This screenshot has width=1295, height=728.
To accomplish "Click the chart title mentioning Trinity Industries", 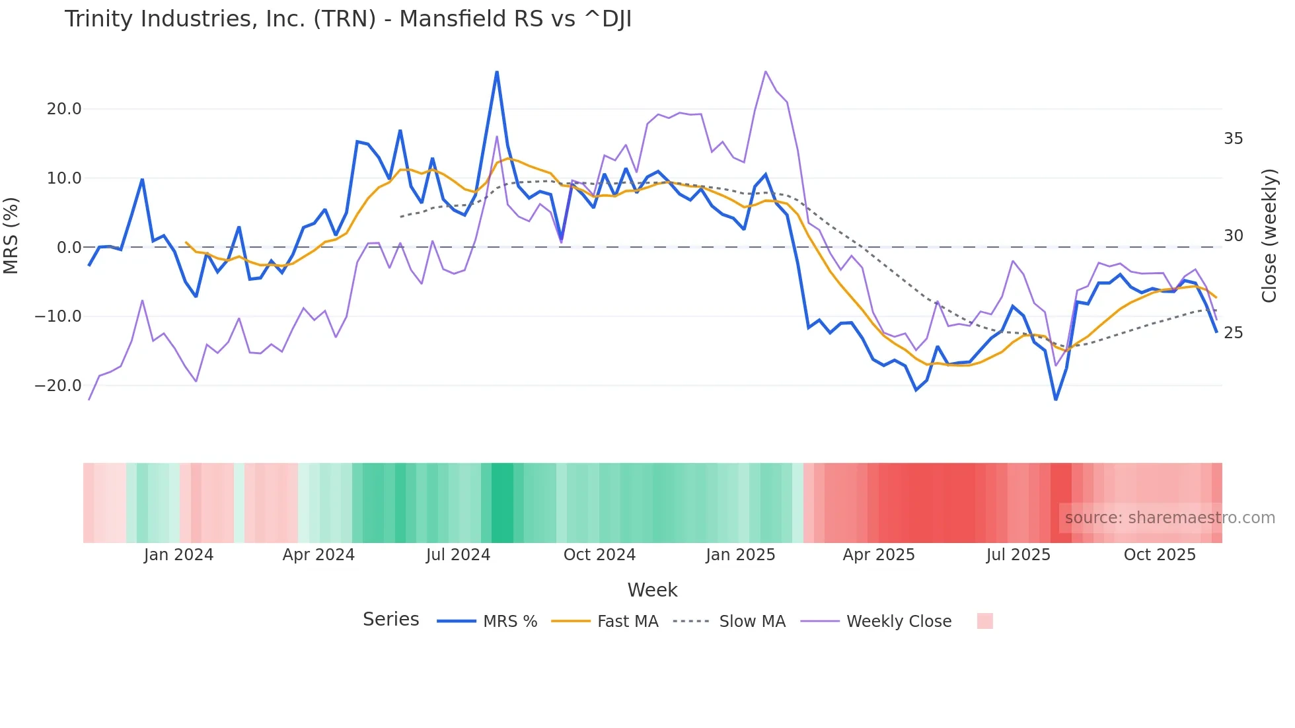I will tap(348, 19).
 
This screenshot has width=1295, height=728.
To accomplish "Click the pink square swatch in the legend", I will tap(984, 621).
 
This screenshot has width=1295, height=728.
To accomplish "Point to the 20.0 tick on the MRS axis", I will tap(64, 109).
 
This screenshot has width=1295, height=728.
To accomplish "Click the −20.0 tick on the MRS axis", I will tap(58, 386).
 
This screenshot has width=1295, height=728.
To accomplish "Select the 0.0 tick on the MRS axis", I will tap(69, 248).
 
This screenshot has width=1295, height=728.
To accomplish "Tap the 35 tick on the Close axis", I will tap(1233, 139).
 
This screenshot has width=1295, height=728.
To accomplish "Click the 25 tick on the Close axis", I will tap(1233, 333).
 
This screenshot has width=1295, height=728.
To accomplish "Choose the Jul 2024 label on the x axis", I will tap(458, 555).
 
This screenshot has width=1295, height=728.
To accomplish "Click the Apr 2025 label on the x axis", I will tap(878, 555).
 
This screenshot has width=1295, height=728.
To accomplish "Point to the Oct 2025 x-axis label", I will tap(1160, 555).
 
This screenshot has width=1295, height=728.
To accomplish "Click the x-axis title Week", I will tap(652, 590).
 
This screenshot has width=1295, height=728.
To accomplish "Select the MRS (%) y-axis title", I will tap(11, 235).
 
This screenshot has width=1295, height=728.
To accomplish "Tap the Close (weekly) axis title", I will tap(1269, 236).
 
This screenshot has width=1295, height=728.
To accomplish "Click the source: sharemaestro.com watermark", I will tap(1169, 518).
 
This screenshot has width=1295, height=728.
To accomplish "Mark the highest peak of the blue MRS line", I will tap(497, 72).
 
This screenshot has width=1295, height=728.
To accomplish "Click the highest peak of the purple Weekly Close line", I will tap(766, 71).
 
